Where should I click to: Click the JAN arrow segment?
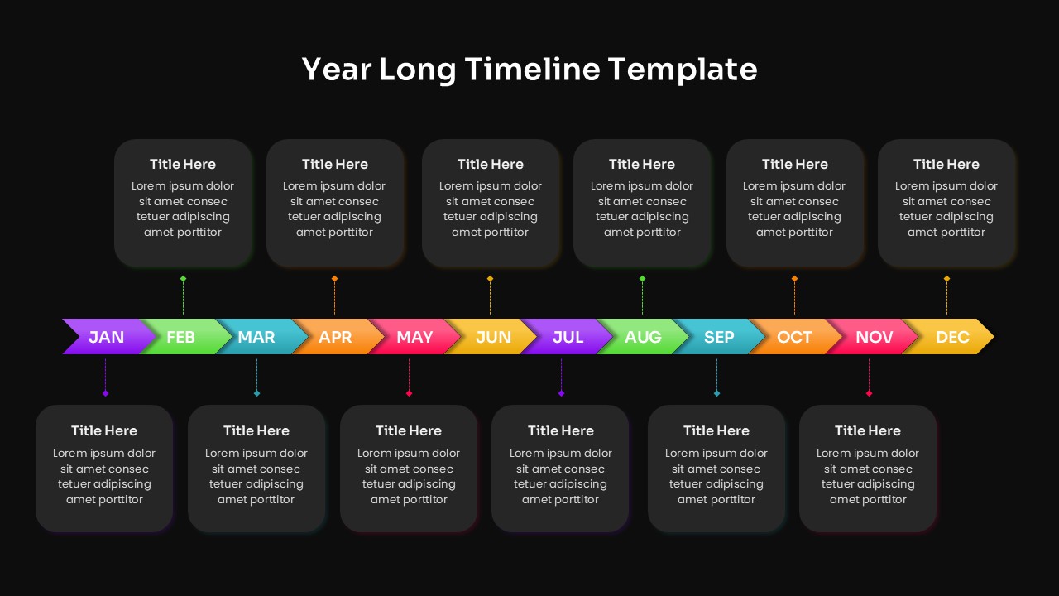(x=106, y=337)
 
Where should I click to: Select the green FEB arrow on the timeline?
(x=181, y=337)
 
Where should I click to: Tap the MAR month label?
(x=256, y=337)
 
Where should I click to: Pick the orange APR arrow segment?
(x=335, y=337)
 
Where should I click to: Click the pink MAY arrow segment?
(x=414, y=337)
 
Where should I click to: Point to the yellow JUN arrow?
(x=493, y=337)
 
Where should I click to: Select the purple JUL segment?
(x=568, y=337)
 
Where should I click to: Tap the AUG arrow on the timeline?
(x=643, y=337)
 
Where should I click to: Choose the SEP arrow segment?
(x=719, y=337)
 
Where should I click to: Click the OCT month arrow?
(x=794, y=337)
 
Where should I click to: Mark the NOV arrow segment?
(x=874, y=337)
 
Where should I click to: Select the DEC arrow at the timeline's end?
(x=952, y=337)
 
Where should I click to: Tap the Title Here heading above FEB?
(x=183, y=164)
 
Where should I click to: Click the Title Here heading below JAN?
(x=104, y=430)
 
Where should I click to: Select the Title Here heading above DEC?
(x=946, y=164)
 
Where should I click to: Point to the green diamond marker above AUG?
(x=642, y=279)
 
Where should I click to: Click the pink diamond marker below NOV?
(x=869, y=393)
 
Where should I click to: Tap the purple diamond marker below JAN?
(x=105, y=393)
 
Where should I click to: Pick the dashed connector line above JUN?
(x=490, y=299)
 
